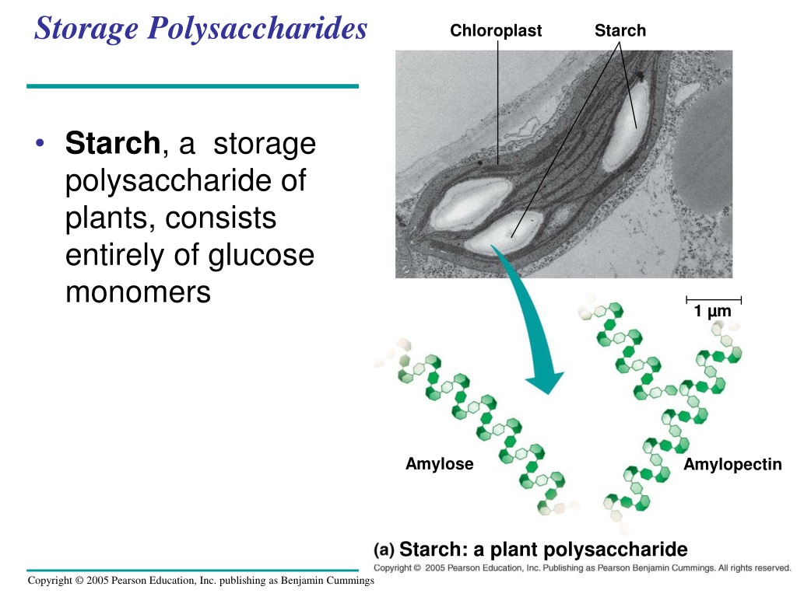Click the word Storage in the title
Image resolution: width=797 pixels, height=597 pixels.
coord(86,29)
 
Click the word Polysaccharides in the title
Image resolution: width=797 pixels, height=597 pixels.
coord(257,29)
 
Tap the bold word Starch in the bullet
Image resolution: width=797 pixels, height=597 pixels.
coord(113,143)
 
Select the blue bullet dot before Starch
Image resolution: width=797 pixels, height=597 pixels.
coord(40,143)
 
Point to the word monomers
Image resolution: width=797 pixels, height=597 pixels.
coord(139,292)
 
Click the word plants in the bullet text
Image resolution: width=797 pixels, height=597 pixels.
coord(111,218)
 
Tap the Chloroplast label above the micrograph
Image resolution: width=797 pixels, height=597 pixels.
coord(496,30)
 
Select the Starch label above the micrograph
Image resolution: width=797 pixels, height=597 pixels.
coord(620,30)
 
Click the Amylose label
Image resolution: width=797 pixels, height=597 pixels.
coord(440,464)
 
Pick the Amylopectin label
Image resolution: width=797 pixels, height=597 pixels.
coord(732,465)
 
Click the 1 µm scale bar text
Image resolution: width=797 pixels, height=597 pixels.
coord(713,311)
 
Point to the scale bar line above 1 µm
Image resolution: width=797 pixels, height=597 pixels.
coord(714,299)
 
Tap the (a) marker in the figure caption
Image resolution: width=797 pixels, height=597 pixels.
coord(384,550)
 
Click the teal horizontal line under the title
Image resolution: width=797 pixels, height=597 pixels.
coord(193,86)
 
